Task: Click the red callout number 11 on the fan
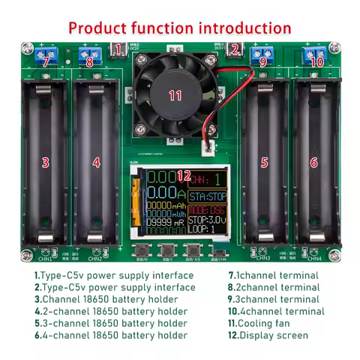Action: coord(175,95)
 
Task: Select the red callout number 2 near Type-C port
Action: coord(234,50)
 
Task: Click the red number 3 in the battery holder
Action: coord(45,162)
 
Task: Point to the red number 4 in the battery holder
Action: coord(96,162)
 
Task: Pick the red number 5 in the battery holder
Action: coord(264,162)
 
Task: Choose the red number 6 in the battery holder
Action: coord(313,162)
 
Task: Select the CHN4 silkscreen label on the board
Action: coord(313,259)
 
